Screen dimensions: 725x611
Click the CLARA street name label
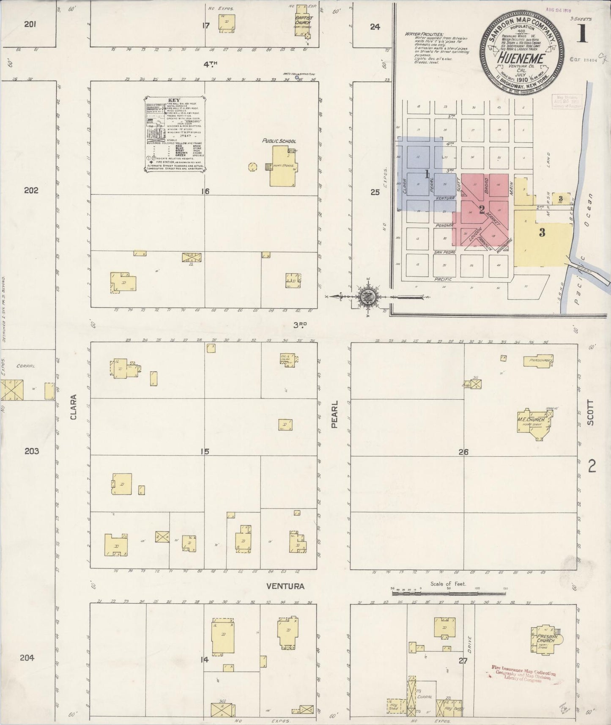(x=74, y=407)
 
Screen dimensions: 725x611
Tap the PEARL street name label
(x=334, y=415)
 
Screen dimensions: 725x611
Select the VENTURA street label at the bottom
(x=285, y=586)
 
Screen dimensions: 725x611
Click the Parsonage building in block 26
(x=538, y=361)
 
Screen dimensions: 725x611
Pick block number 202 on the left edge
(x=31, y=190)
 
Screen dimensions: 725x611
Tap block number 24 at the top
(x=375, y=27)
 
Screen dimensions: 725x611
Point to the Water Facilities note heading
(x=424, y=34)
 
